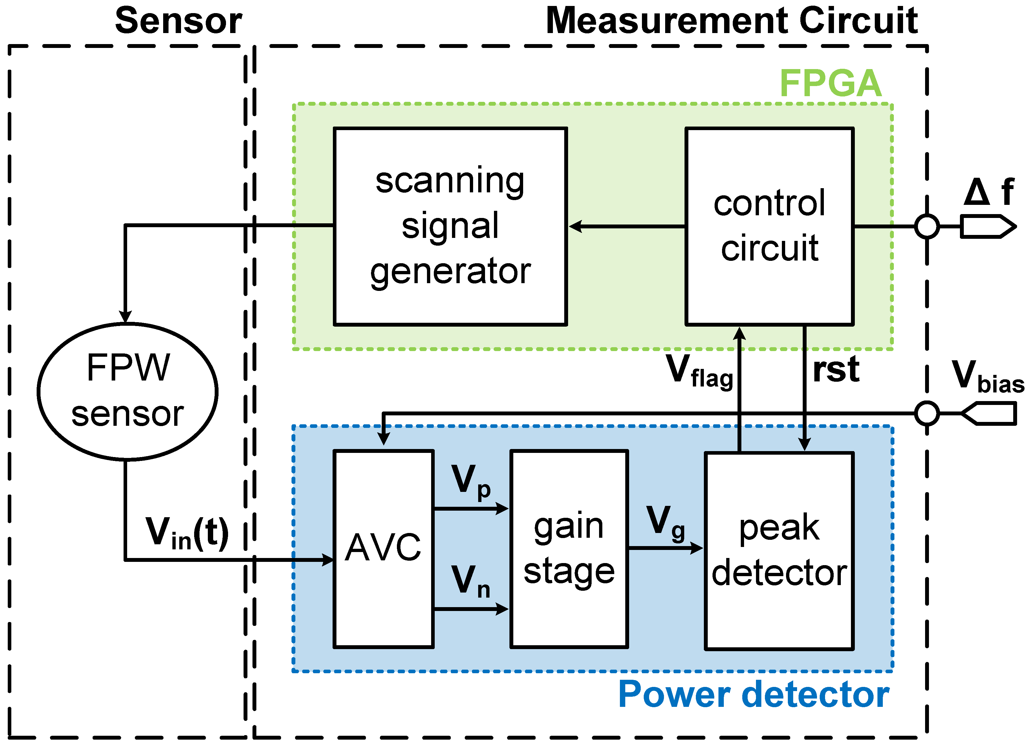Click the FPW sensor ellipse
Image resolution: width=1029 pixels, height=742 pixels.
(x=127, y=391)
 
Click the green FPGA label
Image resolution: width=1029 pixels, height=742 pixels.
(x=830, y=83)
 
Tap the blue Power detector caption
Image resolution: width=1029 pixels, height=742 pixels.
(x=754, y=694)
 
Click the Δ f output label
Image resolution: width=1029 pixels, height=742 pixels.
(x=989, y=192)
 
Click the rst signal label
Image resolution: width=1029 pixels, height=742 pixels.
(x=836, y=370)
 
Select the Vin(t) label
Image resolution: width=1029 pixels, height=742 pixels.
(x=187, y=533)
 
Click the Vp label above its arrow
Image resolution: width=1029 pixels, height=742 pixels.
(x=470, y=481)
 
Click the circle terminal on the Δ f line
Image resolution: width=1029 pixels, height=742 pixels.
(x=927, y=226)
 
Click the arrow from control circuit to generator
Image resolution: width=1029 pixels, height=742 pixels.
(x=626, y=226)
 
